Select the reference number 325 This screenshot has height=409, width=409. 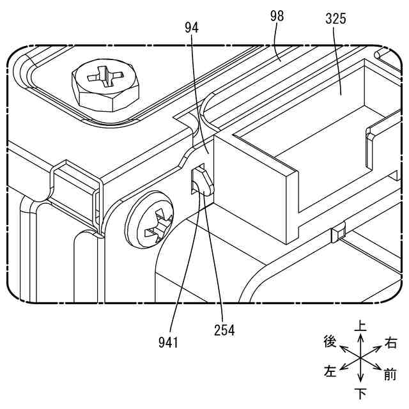(335, 19)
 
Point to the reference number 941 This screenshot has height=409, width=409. (168, 342)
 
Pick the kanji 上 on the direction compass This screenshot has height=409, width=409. (360, 326)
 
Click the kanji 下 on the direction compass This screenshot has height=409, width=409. (360, 391)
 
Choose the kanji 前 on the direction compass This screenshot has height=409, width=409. (390, 374)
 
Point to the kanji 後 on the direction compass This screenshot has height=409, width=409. (330, 342)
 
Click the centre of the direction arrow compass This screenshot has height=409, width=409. (360, 357)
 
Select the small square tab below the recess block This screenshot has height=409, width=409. (337, 233)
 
